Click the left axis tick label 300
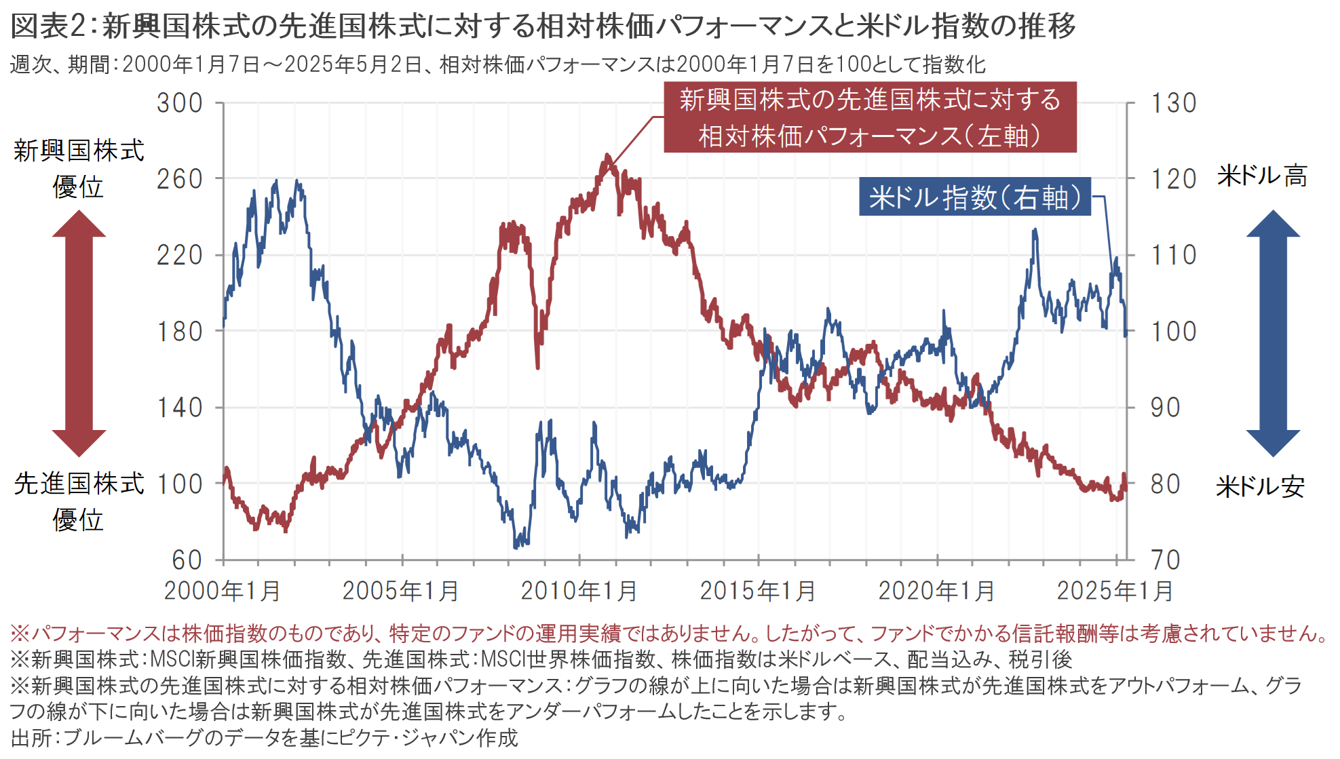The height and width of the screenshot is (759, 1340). click(179, 103)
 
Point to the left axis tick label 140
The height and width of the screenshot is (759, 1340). click(179, 408)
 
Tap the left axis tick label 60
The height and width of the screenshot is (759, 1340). click(187, 560)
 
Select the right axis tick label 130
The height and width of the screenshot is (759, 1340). click(1173, 103)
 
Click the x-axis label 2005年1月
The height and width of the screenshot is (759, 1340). click(400, 591)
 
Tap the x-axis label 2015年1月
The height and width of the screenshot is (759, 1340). click(758, 591)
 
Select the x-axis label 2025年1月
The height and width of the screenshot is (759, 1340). click(1115, 591)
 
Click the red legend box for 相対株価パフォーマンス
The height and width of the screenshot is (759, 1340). click(869, 117)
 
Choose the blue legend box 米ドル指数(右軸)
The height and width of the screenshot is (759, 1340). click(974, 197)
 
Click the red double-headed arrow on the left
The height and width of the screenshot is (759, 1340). click(79, 332)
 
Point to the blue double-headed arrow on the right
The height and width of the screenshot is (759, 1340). click(1272, 332)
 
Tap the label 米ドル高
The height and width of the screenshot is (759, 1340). click(1261, 176)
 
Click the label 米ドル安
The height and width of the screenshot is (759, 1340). click(1260, 486)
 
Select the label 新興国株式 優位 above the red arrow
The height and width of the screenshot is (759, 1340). click(79, 168)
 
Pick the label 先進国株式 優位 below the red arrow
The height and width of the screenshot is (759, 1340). click(79, 501)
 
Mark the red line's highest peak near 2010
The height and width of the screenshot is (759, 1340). click(607, 156)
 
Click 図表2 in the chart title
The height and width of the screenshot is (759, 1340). click(47, 27)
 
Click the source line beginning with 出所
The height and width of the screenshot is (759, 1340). click(265, 738)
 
